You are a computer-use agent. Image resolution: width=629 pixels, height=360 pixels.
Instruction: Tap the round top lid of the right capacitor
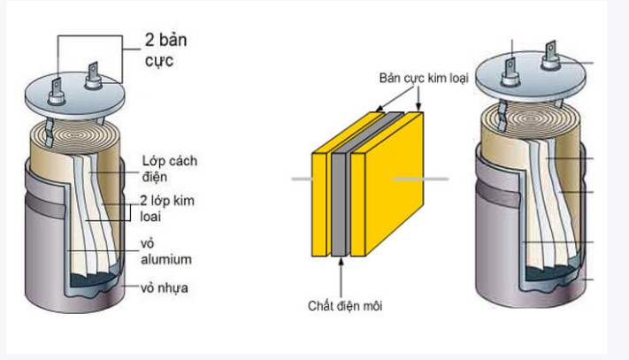531,88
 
